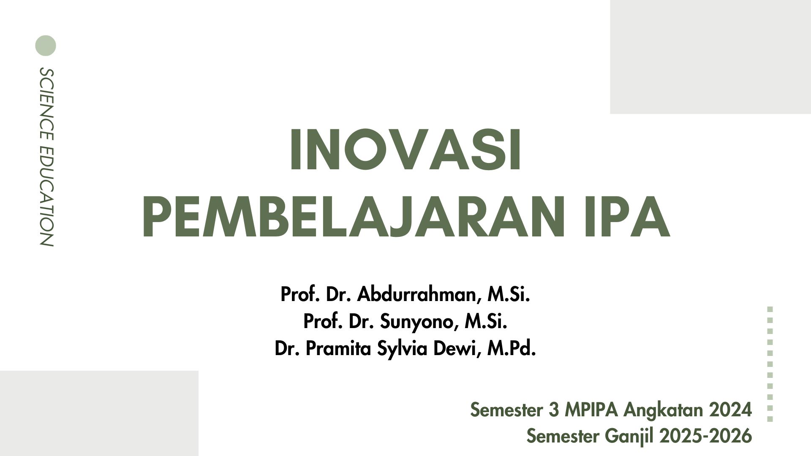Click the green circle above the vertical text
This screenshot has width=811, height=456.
point(46,46)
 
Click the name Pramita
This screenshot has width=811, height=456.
point(338,349)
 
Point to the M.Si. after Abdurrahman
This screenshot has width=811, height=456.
point(509,294)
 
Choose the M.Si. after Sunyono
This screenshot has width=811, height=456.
point(486,322)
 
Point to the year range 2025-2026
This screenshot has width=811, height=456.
point(705,436)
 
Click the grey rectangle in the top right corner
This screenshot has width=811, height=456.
point(710,57)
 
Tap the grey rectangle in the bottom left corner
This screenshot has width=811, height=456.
point(99,413)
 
